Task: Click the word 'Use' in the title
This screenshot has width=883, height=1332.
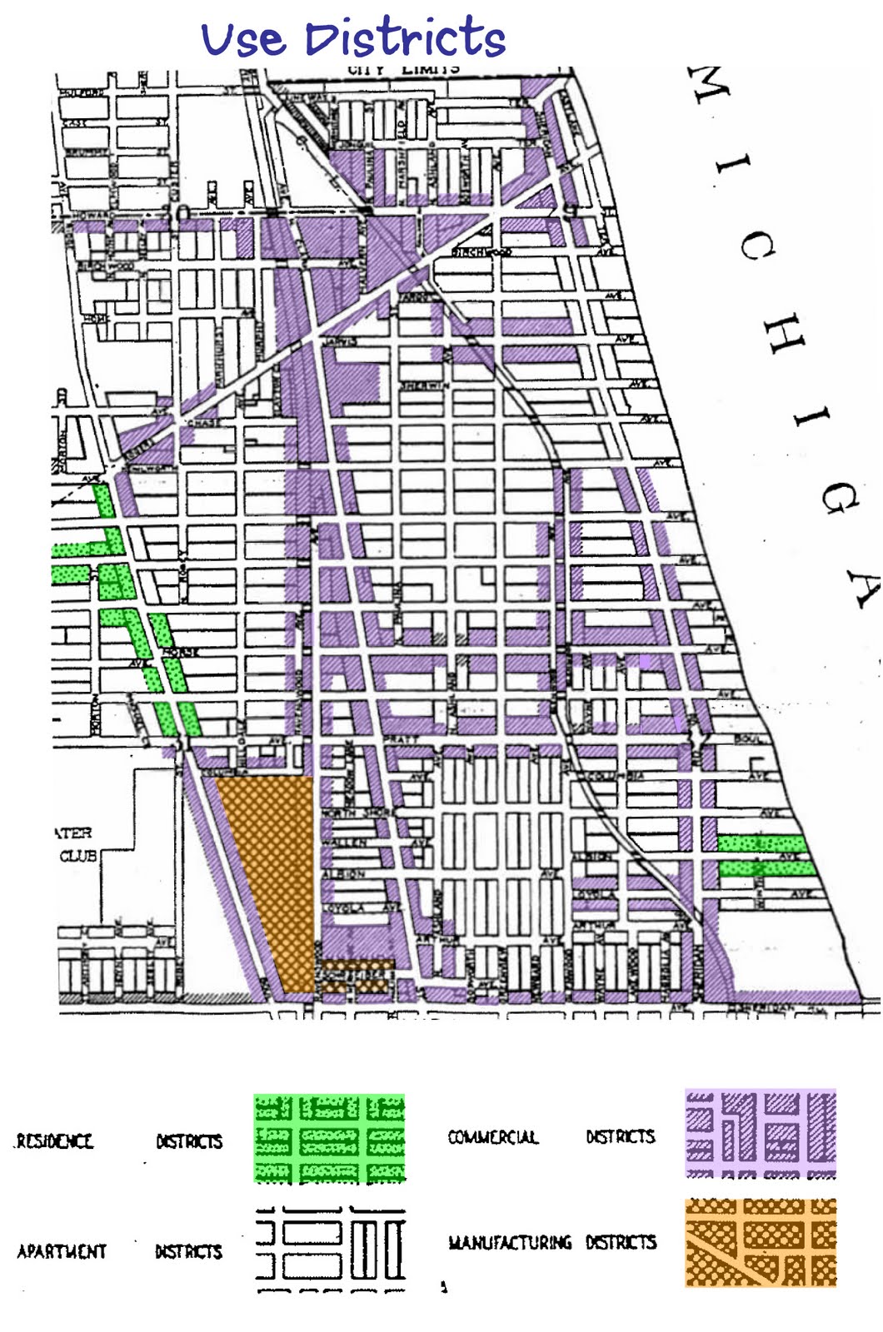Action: (x=242, y=40)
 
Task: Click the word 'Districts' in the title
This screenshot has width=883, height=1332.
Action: (x=405, y=38)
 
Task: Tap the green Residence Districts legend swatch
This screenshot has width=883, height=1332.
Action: (x=329, y=1138)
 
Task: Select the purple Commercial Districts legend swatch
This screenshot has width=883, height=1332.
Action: (x=760, y=1134)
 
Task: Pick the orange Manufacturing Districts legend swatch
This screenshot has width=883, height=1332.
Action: (x=760, y=1242)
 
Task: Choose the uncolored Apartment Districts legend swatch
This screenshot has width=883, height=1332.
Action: (x=331, y=1250)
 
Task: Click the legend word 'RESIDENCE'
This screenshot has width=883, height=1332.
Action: (x=54, y=1141)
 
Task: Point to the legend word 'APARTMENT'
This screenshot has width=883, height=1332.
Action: (x=62, y=1251)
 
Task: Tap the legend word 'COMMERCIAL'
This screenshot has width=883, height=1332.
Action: (x=493, y=1137)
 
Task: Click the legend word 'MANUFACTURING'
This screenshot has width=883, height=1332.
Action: (x=510, y=1243)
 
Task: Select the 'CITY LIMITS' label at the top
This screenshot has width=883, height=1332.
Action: (x=403, y=69)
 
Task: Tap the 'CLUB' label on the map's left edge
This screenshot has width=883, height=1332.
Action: (x=77, y=856)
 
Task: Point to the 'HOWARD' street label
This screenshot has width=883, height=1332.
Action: (x=93, y=216)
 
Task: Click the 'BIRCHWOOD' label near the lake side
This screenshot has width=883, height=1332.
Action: (x=481, y=251)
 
